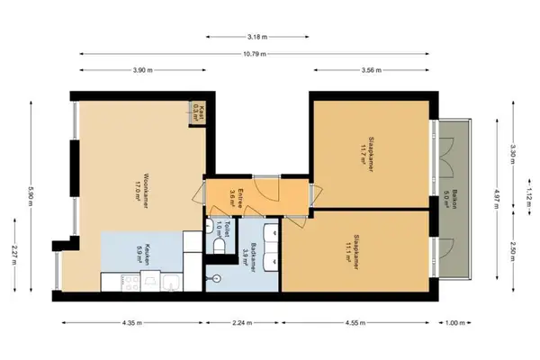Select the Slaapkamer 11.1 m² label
(348, 247)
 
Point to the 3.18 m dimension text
(256, 37)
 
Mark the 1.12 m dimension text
(529, 193)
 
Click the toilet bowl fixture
(220, 247)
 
